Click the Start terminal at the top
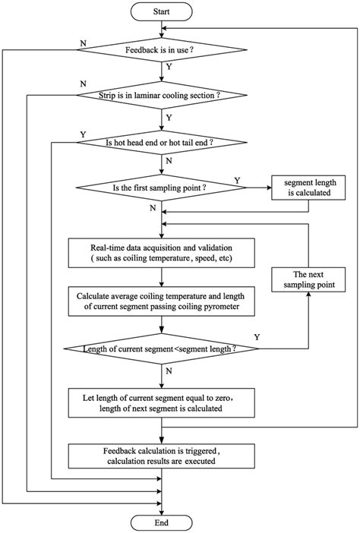(162, 13)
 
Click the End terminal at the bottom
(162, 522)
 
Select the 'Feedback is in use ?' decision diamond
(162, 51)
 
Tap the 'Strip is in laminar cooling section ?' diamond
(162, 96)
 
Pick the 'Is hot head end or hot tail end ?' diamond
(162, 141)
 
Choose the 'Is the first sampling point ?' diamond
(162, 187)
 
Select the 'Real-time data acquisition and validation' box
(162, 253)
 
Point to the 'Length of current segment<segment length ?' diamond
(162, 348)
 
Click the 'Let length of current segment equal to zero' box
(162, 402)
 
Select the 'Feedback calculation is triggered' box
(162, 456)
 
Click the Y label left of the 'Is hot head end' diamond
(82, 134)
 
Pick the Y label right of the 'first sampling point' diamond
(238, 179)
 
